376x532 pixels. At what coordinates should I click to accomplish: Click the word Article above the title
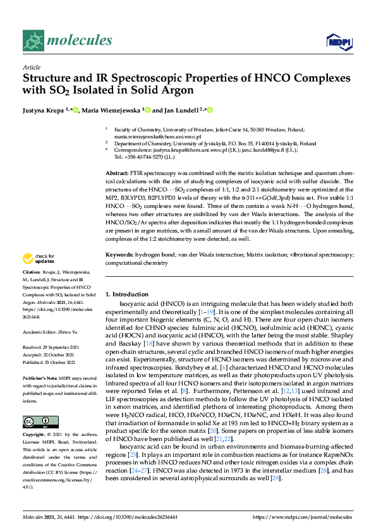coord(31,67)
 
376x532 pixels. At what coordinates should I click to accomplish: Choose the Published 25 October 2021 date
coord(54,363)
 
